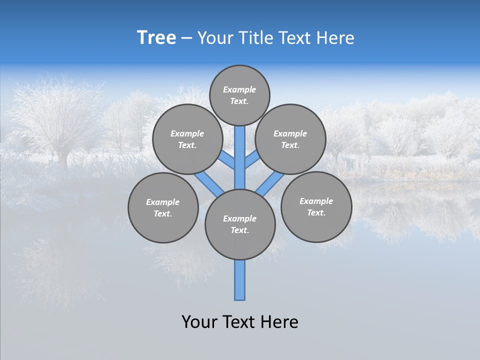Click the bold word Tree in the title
[156, 37]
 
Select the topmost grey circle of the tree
[239, 95]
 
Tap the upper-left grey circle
[187, 139]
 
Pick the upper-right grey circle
[290, 139]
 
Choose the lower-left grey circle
[163, 207]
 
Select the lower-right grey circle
[316, 206]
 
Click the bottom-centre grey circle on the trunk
[240, 224]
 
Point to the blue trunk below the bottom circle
[240, 280]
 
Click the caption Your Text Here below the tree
[240, 321]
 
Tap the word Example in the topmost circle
[239, 89]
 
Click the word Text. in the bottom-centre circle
[240, 230]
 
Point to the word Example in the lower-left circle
[163, 202]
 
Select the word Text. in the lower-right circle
[316, 212]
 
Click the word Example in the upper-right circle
[290, 133]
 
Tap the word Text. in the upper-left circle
[187, 145]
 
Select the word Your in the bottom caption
[199, 321]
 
